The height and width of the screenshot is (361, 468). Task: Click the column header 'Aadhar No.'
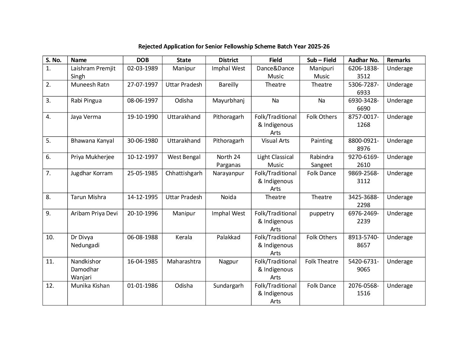(x=363, y=60)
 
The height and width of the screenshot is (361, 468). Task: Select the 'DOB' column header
(x=143, y=60)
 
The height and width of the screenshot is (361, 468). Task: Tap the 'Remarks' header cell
(x=399, y=60)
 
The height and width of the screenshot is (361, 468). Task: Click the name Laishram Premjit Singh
(x=93, y=72)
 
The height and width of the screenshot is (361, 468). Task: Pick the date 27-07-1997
(x=143, y=85)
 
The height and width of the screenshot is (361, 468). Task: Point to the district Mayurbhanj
(x=228, y=101)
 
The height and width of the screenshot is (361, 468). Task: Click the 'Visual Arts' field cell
(x=275, y=141)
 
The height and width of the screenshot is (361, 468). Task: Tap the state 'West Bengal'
(x=184, y=157)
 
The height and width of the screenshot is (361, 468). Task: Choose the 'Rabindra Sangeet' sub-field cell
(x=321, y=161)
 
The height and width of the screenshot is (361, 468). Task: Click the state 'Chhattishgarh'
(x=184, y=173)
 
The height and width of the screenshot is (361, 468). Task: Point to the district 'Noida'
(x=228, y=197)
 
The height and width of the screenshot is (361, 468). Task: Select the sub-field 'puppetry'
(x=321, y=213)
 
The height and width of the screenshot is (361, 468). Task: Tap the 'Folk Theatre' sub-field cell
(x=321, y=261)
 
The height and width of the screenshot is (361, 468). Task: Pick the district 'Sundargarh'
(x=228, y=286)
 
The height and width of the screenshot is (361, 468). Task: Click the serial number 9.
(x=48, y=213)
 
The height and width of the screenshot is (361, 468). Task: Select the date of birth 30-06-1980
(x=143, y=141)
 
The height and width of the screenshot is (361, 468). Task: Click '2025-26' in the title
(x=318, y=46)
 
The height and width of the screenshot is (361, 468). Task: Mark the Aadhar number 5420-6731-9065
(x=363, y=265)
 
